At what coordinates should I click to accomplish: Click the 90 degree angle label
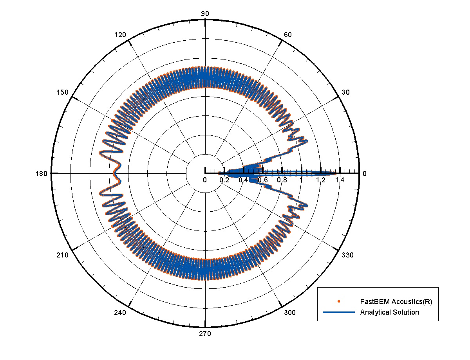205,14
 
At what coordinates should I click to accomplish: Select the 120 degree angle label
121,35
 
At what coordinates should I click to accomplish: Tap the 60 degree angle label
287,35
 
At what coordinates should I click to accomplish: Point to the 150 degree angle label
63,92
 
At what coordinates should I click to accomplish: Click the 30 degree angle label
346,92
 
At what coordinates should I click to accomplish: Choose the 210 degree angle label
63,255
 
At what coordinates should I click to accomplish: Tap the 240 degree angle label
121,313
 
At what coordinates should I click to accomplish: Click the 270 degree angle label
205,334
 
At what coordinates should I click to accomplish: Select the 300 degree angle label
290,313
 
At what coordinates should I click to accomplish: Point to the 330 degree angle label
348,255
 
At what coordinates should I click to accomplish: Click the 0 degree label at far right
365,174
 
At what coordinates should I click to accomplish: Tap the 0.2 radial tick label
224,180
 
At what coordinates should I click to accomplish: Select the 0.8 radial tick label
282,180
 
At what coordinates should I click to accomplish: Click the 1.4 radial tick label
340,180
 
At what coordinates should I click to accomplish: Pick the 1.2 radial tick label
320,180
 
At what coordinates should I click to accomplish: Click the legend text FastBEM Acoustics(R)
396,302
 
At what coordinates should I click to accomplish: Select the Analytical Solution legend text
389,312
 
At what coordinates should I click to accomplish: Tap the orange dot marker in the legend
339,301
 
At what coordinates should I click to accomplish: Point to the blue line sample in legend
339,312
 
